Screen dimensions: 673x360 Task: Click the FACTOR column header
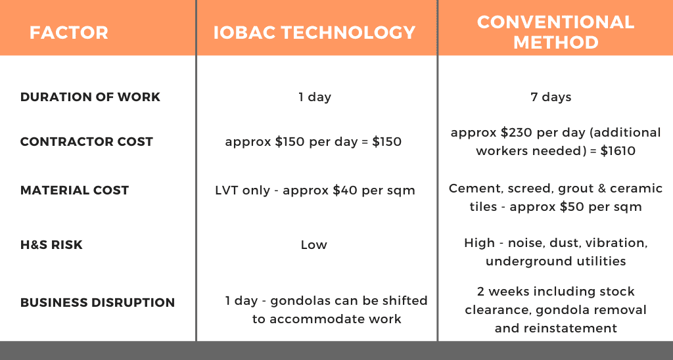[68, 33]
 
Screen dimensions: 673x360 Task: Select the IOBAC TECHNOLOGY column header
[315, 33]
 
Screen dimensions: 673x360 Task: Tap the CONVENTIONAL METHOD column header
[556, 32]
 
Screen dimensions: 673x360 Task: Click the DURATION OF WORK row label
[90, 97]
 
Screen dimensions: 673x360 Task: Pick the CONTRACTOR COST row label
[87, 142]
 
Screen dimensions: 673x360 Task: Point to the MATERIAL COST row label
[75, 190]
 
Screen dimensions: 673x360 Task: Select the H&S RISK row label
[51, 244]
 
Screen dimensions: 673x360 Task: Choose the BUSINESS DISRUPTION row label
[97, 302]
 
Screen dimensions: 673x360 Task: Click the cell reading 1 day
[315, 97]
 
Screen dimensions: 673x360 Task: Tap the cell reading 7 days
[551, 97]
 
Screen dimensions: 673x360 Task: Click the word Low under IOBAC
[313, 245]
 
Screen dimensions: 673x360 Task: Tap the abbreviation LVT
[226, 190]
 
